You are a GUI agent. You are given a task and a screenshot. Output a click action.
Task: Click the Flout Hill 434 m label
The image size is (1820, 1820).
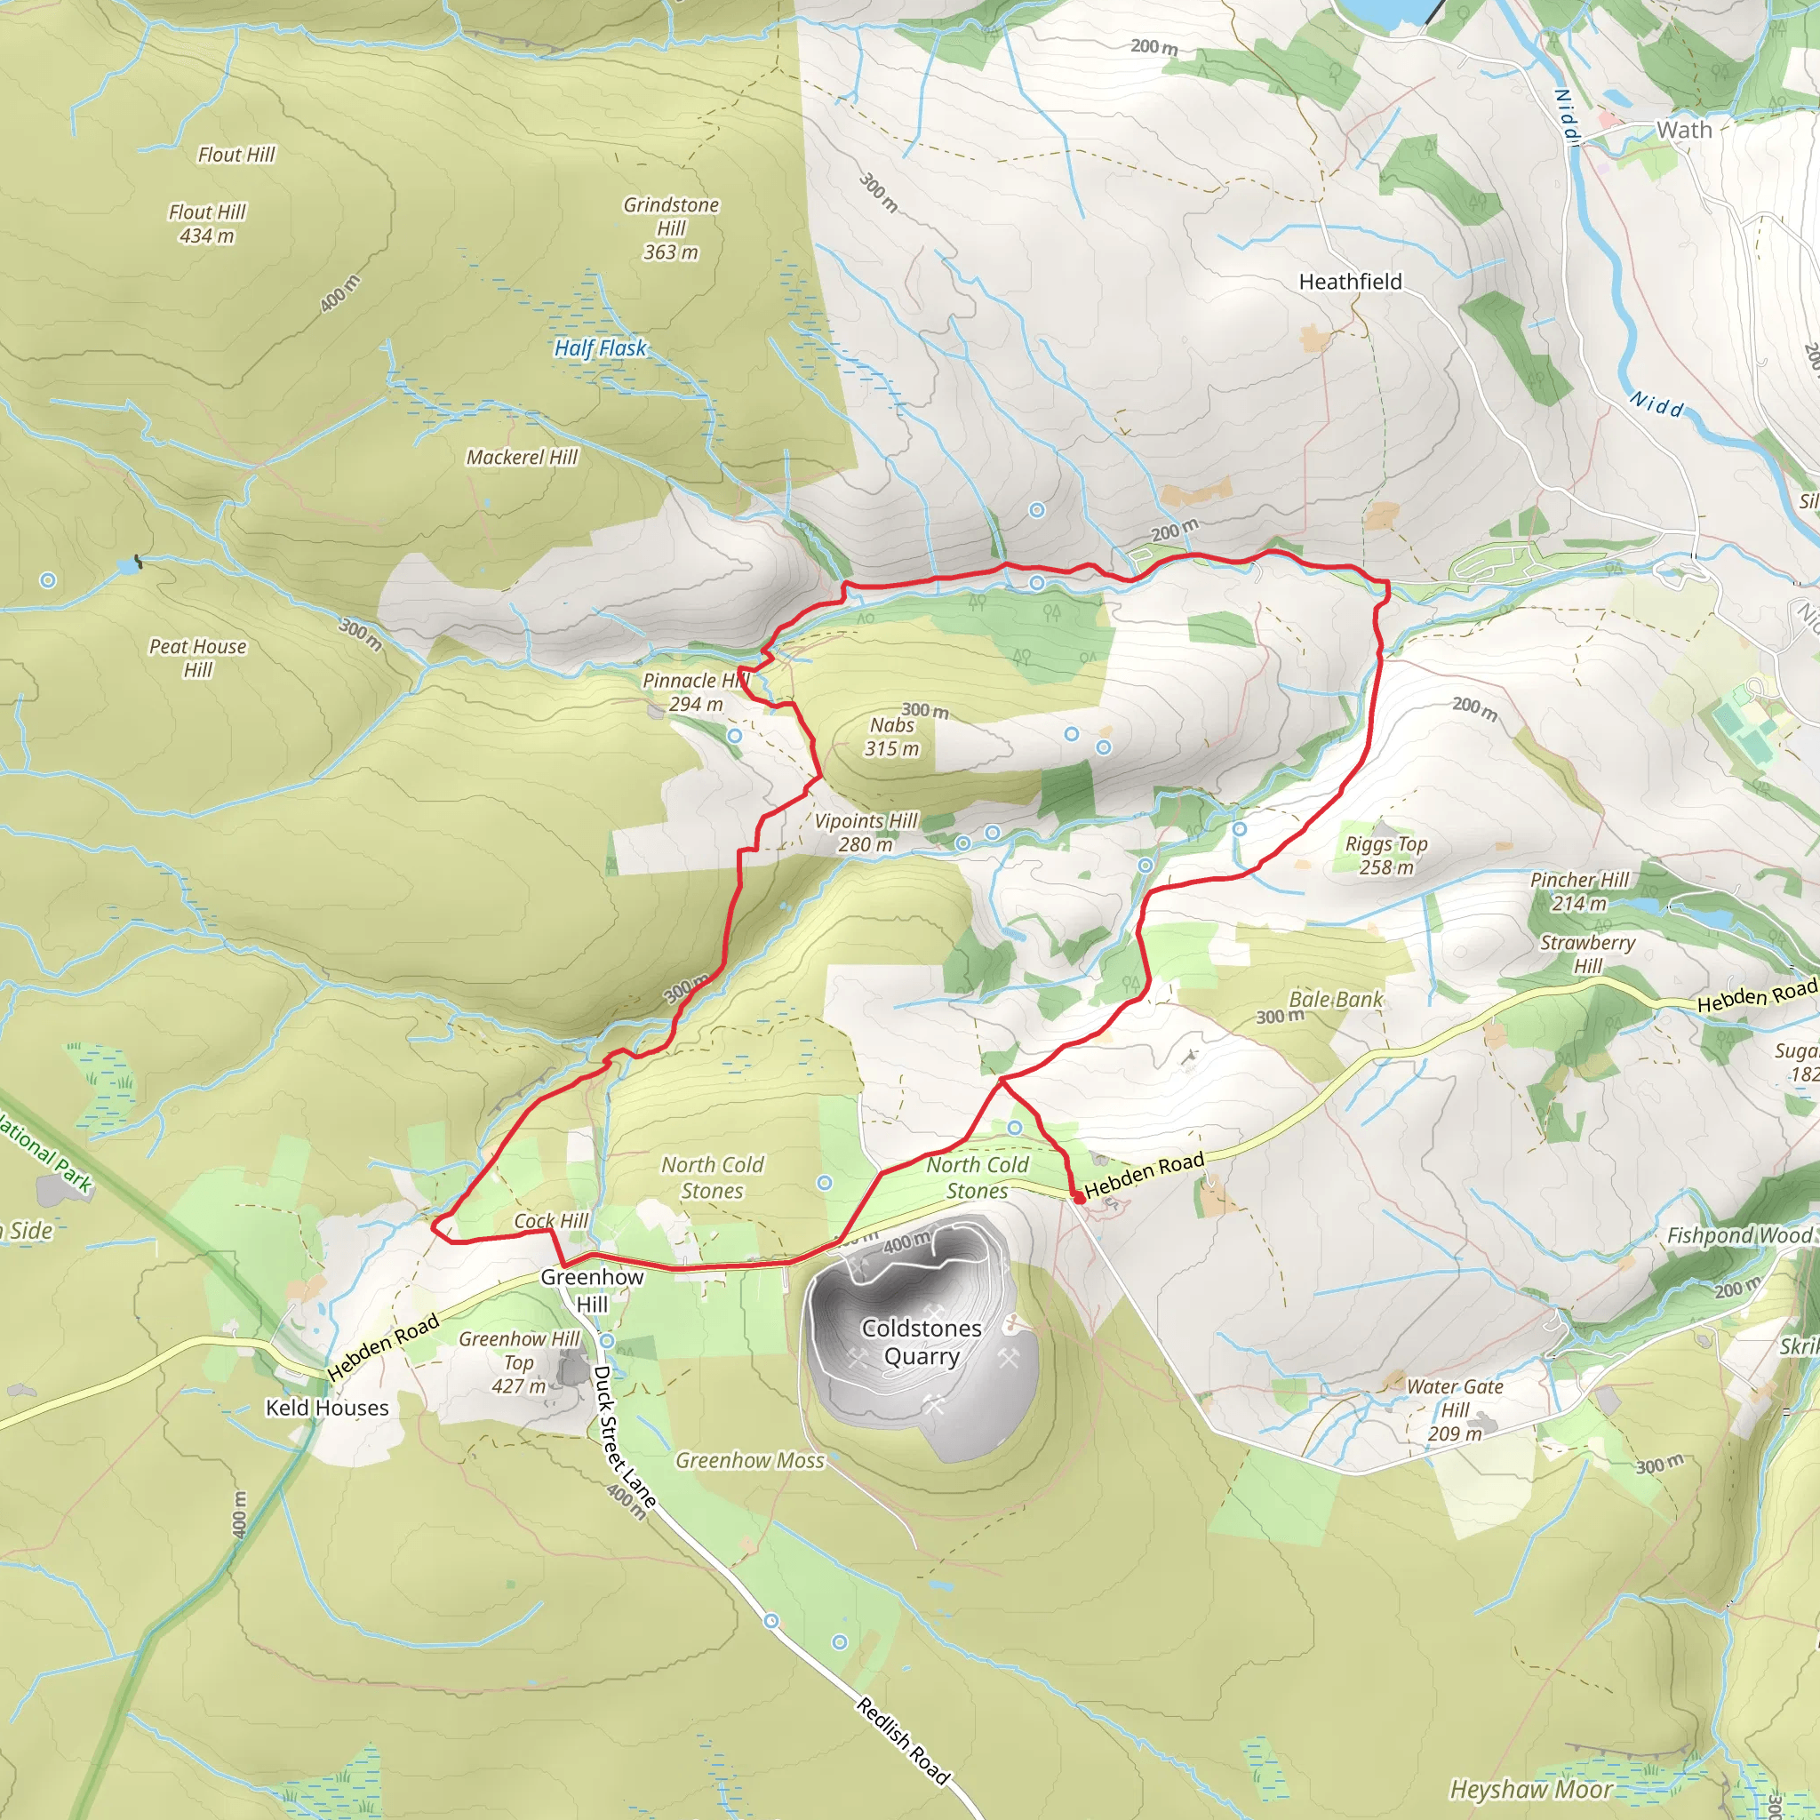(x=207, y=224)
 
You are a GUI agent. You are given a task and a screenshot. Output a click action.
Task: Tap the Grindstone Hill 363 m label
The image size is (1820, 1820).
(x=671, y=229)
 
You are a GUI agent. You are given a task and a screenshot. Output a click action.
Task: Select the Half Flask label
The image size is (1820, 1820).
(x=600, y=348)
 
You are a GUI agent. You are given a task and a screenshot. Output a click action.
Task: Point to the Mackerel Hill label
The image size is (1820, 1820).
(x=522, y=458)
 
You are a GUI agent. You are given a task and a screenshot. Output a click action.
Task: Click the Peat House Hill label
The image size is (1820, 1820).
(x=198, y=659)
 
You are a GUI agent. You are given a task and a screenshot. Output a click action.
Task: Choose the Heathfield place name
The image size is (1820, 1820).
(x=1350, y=282)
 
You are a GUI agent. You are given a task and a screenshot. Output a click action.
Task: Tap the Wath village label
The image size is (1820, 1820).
(x=1684, y=130)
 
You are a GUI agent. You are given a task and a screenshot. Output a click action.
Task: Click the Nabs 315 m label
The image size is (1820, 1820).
(x=892, y=737)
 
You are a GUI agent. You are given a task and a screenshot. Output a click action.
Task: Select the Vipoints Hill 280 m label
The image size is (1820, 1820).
(x=866, y=833)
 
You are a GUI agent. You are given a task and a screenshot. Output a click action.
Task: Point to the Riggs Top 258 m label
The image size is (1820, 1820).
(x=1385, y=856)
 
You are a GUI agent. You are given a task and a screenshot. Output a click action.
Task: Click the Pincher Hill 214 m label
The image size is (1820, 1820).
(x=1580, y=891)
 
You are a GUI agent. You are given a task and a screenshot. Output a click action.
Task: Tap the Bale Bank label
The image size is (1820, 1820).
(x=1336, y=1000)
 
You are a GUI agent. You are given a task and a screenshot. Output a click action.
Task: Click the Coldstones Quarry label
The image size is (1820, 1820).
(x=922, y=1343)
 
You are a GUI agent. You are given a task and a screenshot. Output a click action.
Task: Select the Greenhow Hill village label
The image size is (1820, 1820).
(x=592, y=1290)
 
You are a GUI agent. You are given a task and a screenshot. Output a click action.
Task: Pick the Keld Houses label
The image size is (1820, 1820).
(x=327, y=1409)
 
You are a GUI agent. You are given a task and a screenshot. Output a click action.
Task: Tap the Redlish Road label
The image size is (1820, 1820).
(x=904, y=1741)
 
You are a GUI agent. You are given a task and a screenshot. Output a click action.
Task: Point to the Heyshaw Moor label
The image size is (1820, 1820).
(x=1531, y=1790)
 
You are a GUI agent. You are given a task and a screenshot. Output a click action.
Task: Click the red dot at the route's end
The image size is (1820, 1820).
(x=1079, y=1198)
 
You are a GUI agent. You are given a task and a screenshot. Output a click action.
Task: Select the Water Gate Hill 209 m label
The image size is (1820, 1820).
(x=1455, y=1410)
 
